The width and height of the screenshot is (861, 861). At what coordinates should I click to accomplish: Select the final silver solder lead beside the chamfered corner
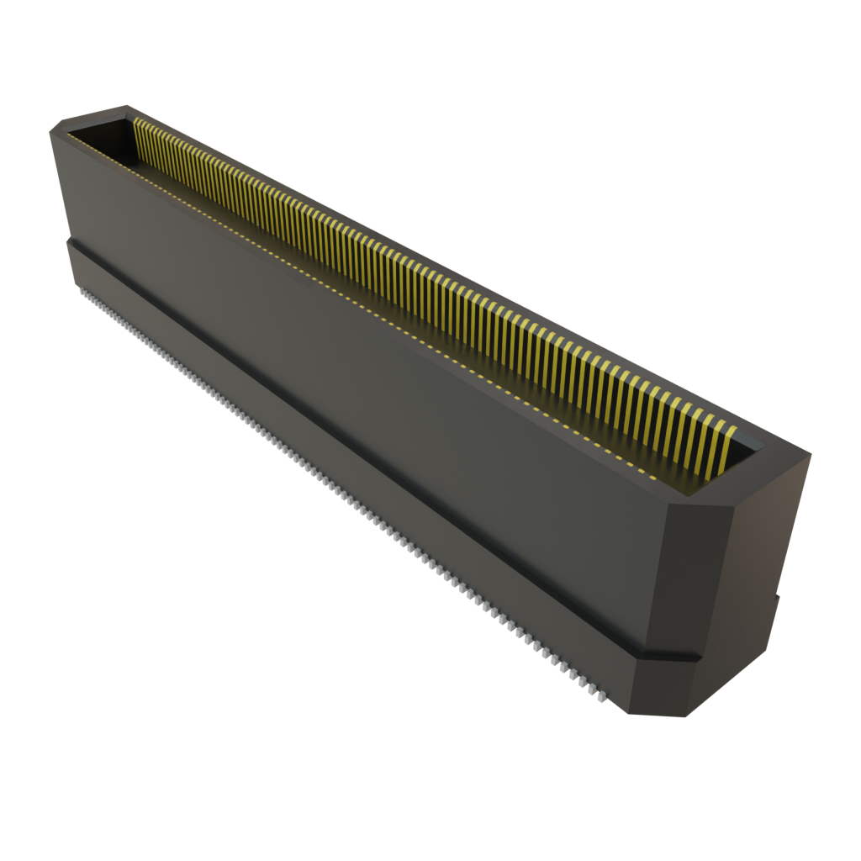coord(600,698)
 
